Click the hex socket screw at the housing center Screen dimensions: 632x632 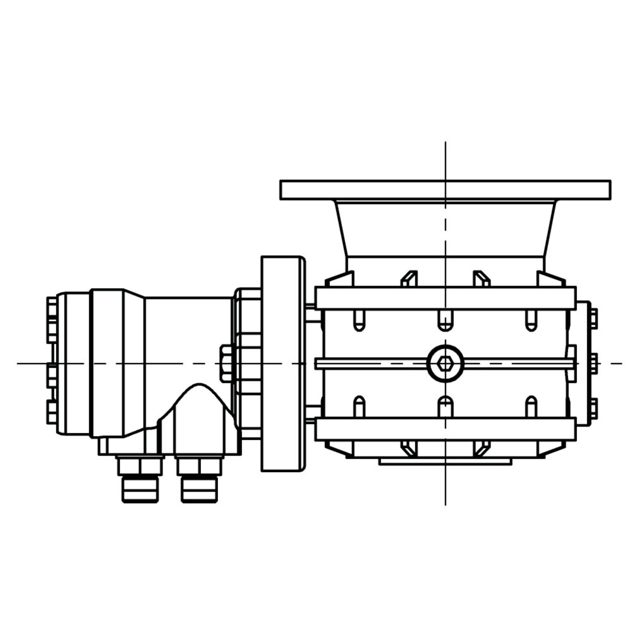click(446, 363)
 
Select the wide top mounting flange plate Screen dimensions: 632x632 click(445, 190)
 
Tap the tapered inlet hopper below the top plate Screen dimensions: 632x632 click(445, 228)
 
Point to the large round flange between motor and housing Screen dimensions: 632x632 click(283, 363)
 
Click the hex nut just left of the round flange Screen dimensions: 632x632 click(226, 363)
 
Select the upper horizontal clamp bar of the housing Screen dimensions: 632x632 click(445, 298)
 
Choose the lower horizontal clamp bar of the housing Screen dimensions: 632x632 click(445, 429)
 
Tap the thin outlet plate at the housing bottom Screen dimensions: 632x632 click(445, 461)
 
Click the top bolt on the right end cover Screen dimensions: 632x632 click(593, 318)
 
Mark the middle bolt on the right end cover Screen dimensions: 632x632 click(593, 363)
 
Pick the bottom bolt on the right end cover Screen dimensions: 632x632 click(593, 408)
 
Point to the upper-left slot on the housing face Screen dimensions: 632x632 click(358, 320)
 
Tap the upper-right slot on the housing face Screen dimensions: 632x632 click(531, 320)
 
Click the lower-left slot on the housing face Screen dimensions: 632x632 click(359, 406)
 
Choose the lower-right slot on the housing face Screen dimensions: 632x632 click(531, 406)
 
